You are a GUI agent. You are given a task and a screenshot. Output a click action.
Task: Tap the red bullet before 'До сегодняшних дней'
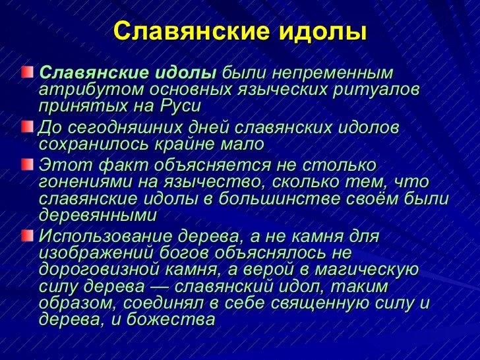(x=26, y=126)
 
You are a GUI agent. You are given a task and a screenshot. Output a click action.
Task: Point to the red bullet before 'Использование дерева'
(x=26, y=235)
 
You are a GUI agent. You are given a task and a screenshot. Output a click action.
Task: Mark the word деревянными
(x=98, y=216)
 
